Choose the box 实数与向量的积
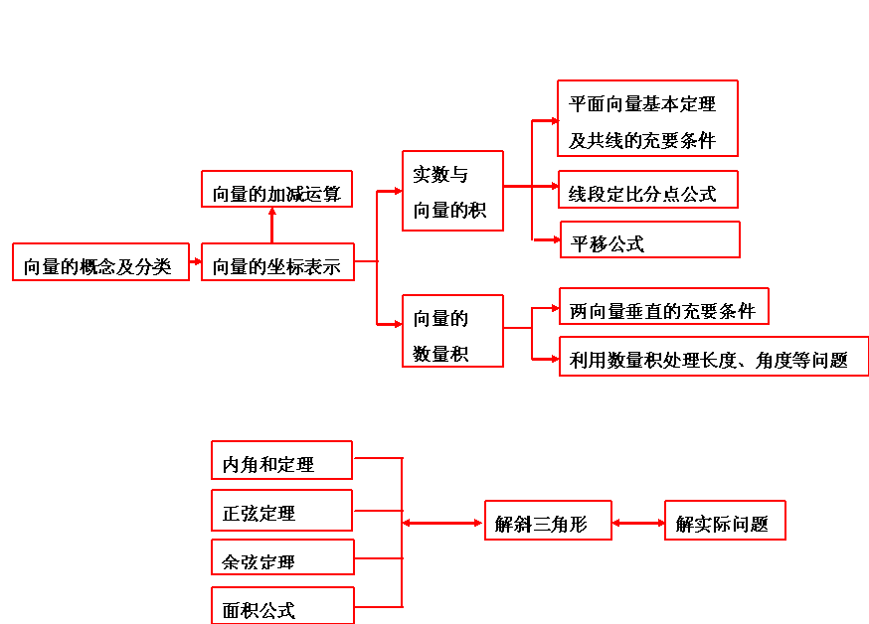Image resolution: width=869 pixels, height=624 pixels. [452, 191]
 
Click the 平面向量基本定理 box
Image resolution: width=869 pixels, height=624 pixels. [647, 118]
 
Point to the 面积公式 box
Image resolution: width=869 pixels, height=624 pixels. [282, 606]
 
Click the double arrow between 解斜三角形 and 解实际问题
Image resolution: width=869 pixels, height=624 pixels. [638, 522]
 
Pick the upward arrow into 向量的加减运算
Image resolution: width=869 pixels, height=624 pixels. [271, 225]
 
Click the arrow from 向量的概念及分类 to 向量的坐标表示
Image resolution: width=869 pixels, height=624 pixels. [195, 262]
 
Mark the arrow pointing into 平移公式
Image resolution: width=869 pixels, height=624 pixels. [547, 238]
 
